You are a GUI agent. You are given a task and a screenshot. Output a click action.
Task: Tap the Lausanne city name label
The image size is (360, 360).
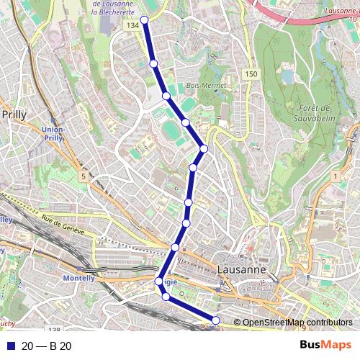click(241, 269)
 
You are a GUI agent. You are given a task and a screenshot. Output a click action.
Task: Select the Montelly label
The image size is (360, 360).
click(79, 278)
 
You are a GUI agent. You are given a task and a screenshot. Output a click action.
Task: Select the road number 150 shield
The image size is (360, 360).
click(250, 74)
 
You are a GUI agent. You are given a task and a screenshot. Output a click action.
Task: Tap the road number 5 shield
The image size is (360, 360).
click(84, 176)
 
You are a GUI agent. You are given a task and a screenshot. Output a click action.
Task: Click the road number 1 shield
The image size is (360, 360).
click(335, 176)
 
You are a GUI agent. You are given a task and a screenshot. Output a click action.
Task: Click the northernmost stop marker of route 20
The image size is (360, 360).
click(144, 20)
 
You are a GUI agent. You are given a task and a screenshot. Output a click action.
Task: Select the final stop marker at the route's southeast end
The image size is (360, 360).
click(215, 320)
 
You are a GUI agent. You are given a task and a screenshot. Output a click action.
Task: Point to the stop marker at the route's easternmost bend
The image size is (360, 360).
click(204, 148)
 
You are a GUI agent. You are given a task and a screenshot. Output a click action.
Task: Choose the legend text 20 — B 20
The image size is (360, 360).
click(47, 346)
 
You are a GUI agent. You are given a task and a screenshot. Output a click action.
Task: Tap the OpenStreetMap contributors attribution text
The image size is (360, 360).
click(297, 323)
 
